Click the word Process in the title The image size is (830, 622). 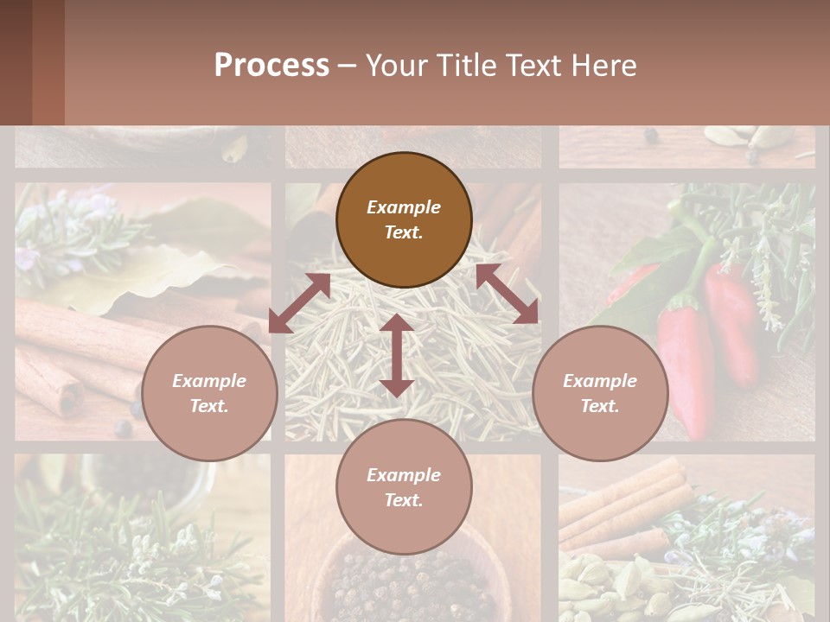click(x=271, y=66)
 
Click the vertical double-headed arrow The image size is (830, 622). click(x=396, y=356)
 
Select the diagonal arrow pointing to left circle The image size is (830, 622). click(x=299, y=303)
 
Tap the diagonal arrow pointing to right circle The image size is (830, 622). click(x=507, y=294)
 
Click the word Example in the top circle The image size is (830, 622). click(x=404, y=207)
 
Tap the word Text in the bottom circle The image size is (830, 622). click(x=404, y=500)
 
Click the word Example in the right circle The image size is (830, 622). click(x=600, y=381)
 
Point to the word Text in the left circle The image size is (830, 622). click(x=209, y=406)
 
